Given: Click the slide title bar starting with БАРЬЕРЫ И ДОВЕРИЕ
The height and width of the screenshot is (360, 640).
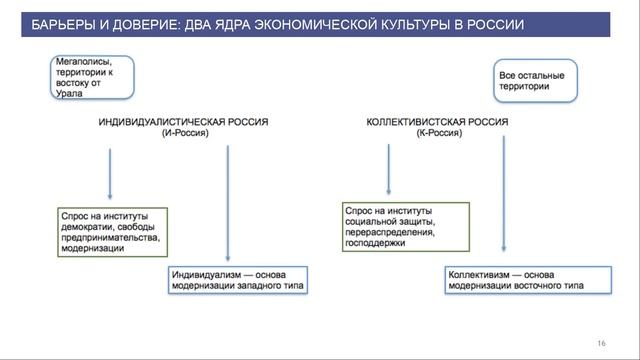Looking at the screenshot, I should [320, 22].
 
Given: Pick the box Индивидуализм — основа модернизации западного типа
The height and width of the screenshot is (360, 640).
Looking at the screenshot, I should [236, 279].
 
